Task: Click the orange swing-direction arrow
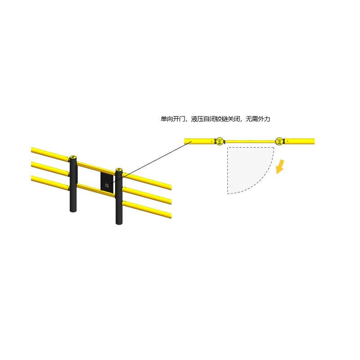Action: [280, 167]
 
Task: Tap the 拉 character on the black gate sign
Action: [107, 185]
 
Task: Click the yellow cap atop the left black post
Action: [73, 157]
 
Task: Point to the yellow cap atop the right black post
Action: [119, 170]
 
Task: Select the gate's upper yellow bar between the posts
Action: [96, 168]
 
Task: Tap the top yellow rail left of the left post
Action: [50, 154]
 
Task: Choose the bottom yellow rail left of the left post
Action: [50, 183]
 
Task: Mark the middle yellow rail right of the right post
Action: [147, 196]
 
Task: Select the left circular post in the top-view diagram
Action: [220, 141]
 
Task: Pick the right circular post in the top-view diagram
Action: [279, 141]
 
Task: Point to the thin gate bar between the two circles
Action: [250, 141]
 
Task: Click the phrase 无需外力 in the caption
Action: [258, 119]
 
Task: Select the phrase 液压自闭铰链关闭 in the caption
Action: [216, 119]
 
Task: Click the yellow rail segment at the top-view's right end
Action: [299, 141]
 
